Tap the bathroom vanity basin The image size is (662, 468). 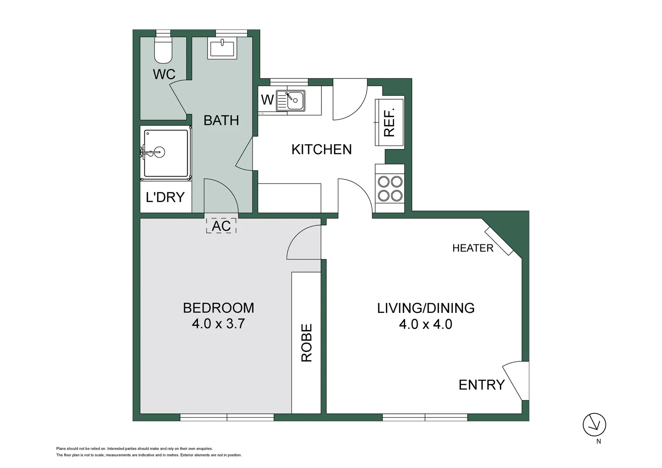pyautogui.click(x=222, y=48)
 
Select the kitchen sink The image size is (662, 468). pyautogui.click(x=291, y=101)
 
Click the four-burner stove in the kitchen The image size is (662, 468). pyautogui.click(x=390, y=188)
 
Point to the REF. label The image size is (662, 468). pyautogui.click(x=389, y=123)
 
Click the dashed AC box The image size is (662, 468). pyautogui.click(x=221, y=226)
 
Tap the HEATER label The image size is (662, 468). pyautogui.click(x=473, y=248)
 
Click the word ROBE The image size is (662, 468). pyautogui.click(x=306, y=342)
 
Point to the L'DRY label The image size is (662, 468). pyautogui.click(x=165, y=197)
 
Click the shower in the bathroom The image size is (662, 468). pyautogui.click(x=165, y=153)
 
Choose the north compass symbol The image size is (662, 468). pyautogui.click(x=594, y=425)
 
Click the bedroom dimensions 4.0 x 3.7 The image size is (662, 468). pyautogui.click(x=218, y=324)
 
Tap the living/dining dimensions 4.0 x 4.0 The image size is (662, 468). pyautogui.click(x=425, y=324)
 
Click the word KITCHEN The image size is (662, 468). pyautogui.click(x=321, y=149)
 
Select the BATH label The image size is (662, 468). pyautogui.click(x=221, y=120)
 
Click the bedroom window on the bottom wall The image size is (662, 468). pyautogui.click(x=227, y=417)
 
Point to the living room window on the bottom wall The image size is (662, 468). pyautogui.click(x=425, y=417)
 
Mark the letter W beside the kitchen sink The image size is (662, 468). pyautogui.click(x=267, y=100)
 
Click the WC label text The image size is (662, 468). pyautogui.click(x=164, y=74)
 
